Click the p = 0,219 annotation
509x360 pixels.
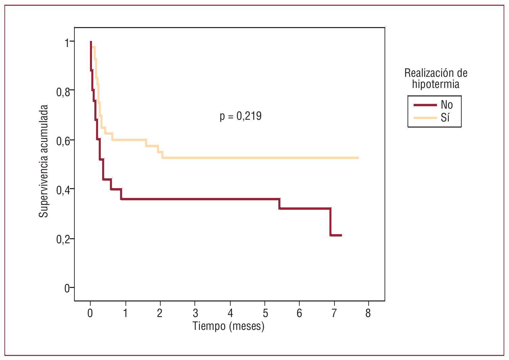point(240,116)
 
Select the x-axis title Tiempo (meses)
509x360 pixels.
point(228,326)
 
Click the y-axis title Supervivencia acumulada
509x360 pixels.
point(44,161)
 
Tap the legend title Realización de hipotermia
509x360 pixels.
point(436,78)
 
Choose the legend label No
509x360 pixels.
point(446,105)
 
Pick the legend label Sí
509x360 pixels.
point(445,118)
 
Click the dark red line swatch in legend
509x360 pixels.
point(425,105)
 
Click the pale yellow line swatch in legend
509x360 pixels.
point(425,118)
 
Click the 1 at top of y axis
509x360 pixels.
point(67,43)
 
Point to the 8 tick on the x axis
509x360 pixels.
point(368,313)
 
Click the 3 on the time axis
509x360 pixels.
point(195,313)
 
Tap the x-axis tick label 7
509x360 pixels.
point(334,313)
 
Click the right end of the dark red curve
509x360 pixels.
point(341,235)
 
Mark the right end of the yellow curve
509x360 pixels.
point(358,158)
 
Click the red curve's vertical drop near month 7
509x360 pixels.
point(330,222)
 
